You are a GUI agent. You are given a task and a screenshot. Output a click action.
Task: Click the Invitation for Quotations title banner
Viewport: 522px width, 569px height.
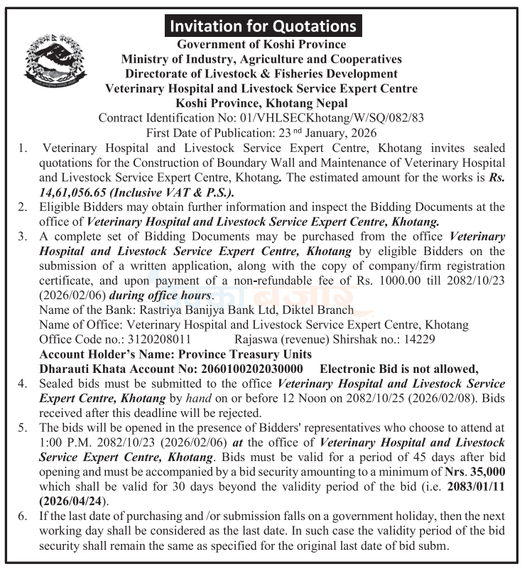(261, 26)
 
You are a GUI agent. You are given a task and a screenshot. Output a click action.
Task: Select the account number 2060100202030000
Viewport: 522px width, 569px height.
(243, 368)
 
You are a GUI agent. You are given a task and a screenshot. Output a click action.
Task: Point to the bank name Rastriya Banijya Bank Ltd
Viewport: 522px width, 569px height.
(211, 309)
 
